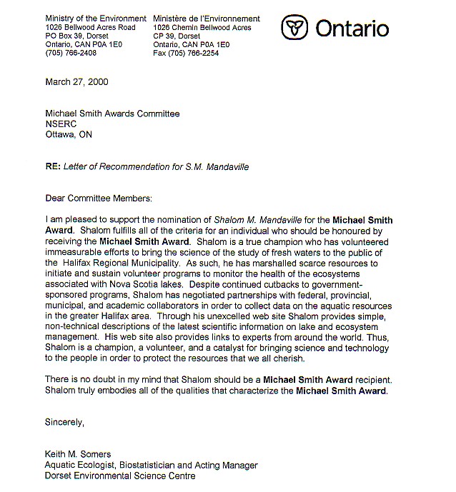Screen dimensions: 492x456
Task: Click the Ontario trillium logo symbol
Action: (x=292, y=28)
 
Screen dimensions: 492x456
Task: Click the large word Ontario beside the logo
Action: (x=352, y=29)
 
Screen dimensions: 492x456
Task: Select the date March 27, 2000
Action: (x=76, y=81)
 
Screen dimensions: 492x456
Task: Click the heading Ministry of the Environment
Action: (x=95, y=18)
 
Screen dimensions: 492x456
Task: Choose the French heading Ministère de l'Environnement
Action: (x=207, y=18)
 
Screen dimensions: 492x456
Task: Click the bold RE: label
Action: (x=52, y=167)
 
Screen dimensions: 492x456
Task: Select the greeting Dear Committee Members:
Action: (x=99, y=198)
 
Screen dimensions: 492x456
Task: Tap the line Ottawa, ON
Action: (x=69, y=134)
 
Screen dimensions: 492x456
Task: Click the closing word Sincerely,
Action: (x=64, y=422)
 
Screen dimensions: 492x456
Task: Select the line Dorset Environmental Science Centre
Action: (x=120, y=476)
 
